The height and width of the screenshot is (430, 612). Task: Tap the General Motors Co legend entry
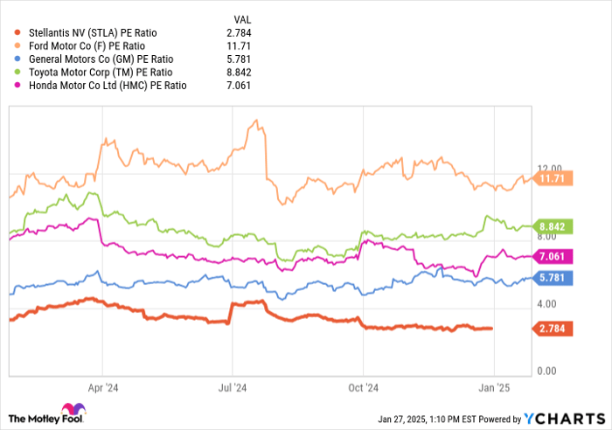(88, 59)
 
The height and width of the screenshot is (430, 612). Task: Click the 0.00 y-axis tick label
(549, 371)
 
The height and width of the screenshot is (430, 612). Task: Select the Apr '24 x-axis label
(103, 385)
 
